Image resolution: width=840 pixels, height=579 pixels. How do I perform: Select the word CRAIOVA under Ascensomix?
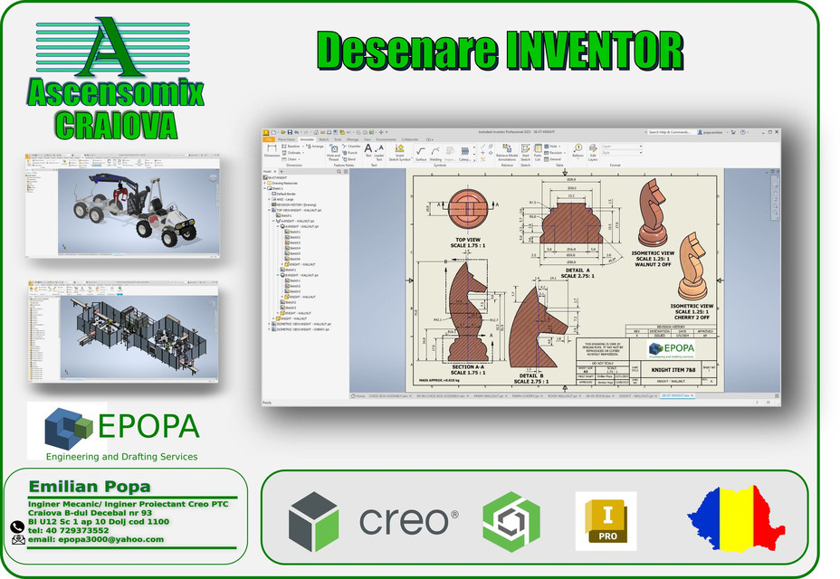click(114, 124)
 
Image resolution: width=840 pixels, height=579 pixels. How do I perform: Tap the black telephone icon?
click(17, 527)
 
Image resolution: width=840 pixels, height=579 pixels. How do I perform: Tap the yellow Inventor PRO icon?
click(606, 521)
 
